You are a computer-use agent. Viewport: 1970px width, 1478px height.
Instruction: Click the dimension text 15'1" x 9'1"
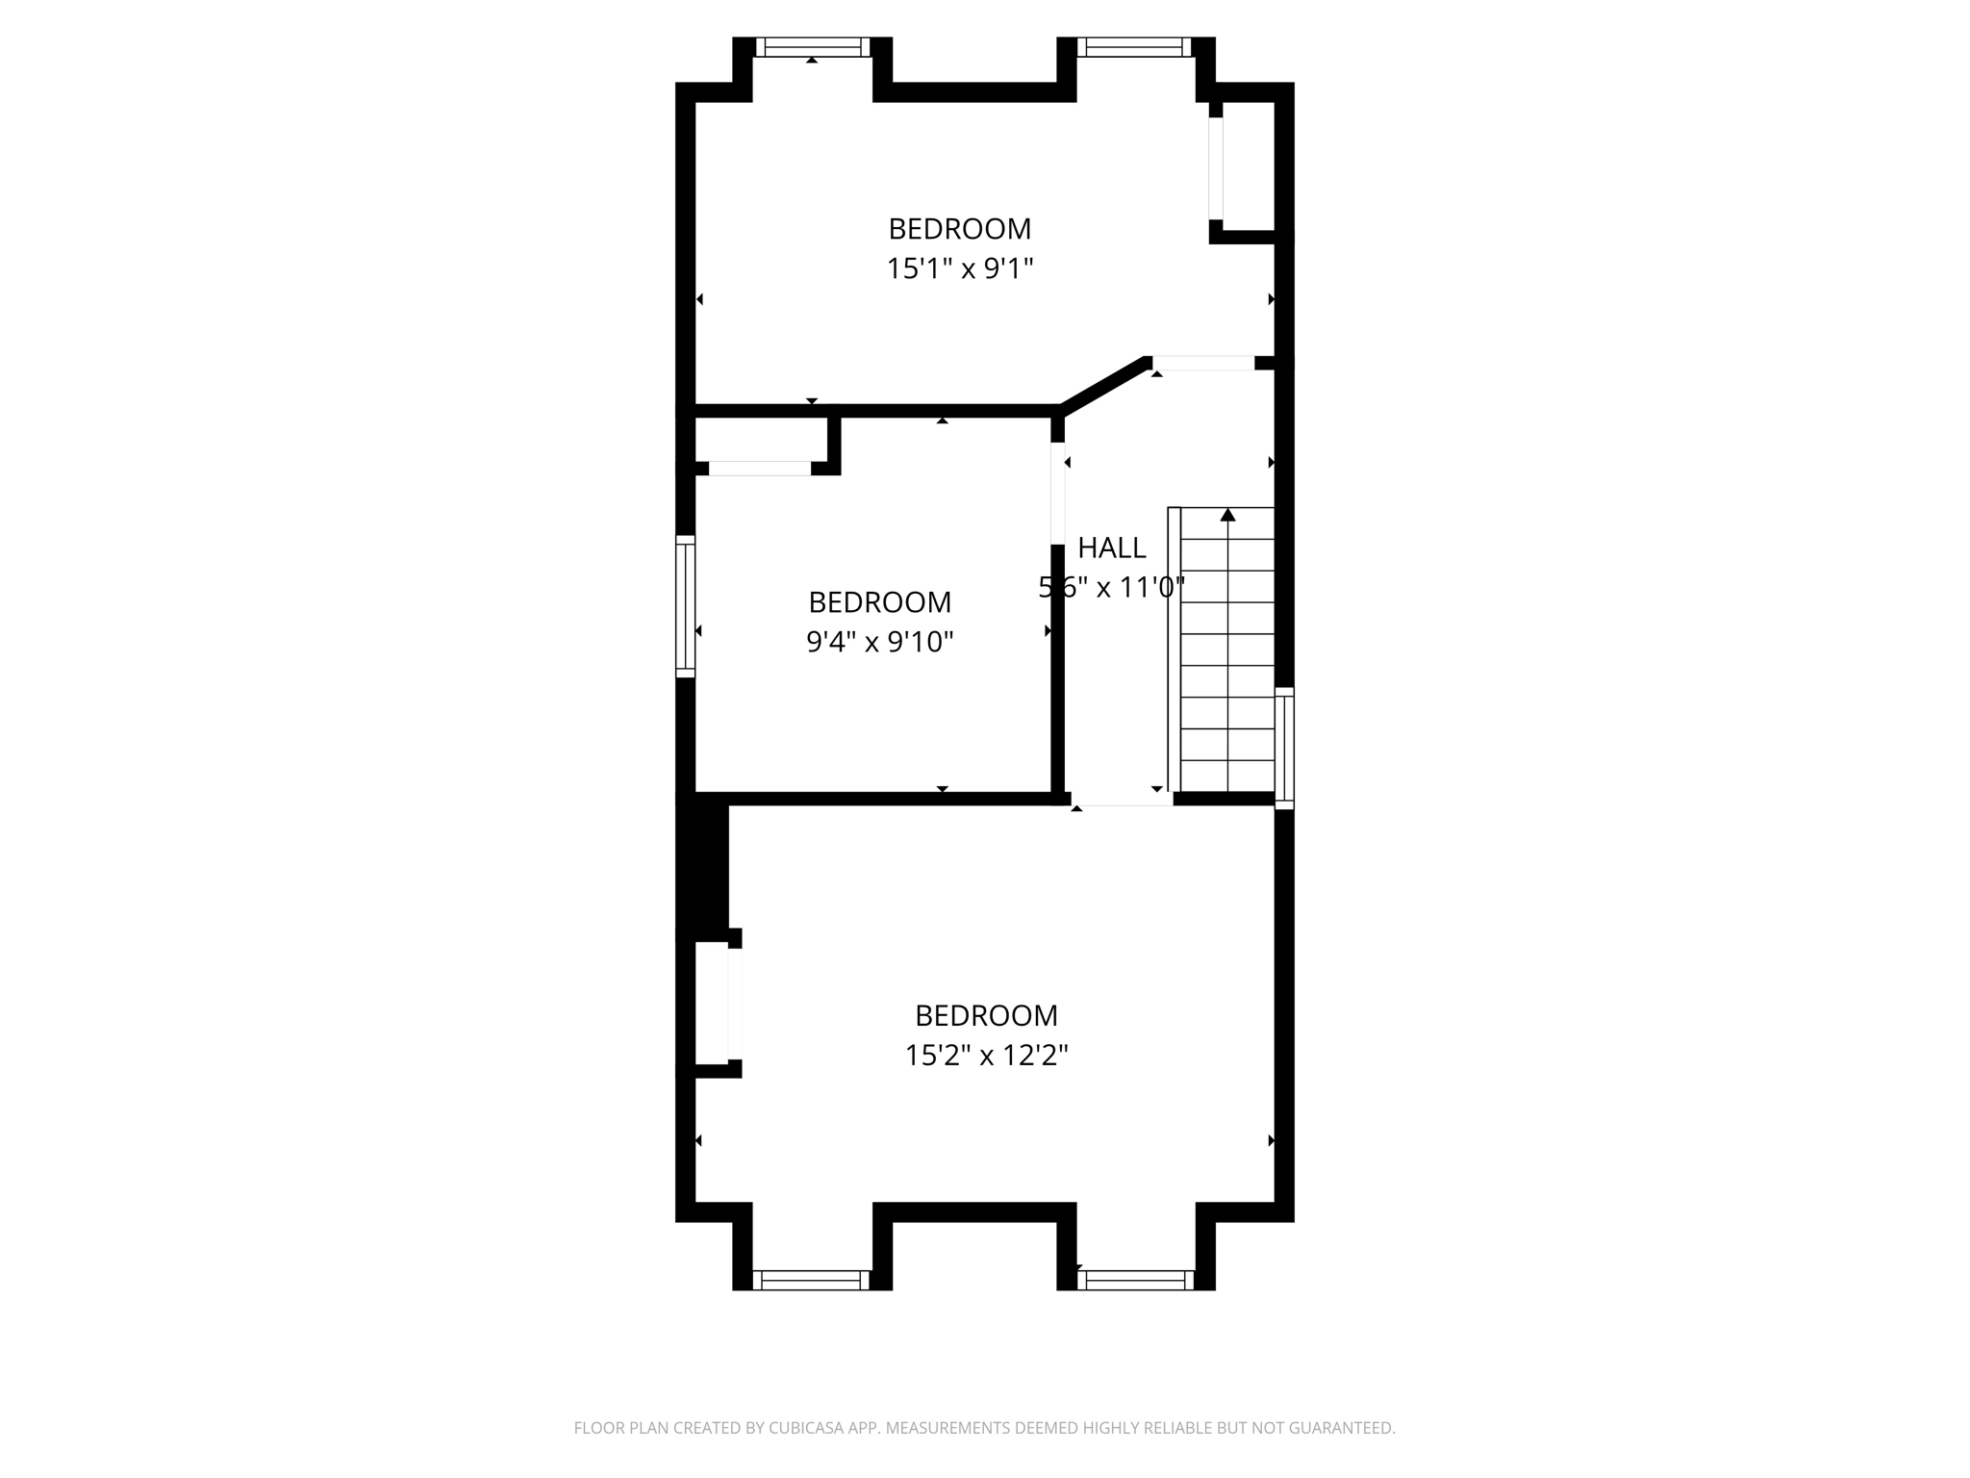pyautogui.click(x=959, y=268)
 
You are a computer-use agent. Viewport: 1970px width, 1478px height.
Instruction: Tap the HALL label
pyautogui.click(x=1111, y=548)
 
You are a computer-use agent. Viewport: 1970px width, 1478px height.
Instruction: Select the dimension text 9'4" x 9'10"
pyautogui.click(x=879, y=642)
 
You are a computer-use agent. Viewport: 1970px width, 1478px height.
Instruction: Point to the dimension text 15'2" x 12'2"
pyautogui.click(x=986, y=1056)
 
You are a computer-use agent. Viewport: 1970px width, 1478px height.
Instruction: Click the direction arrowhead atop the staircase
pyautogui.click(x=1227, y=515)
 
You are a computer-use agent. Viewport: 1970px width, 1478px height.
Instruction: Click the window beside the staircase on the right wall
pyautogui.click(x=1284, y=748)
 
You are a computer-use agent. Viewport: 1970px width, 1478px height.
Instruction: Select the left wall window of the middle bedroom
pyautogui.click(x=685, y=606)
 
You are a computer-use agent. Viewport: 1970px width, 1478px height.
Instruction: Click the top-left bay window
pyautogui.click(x=812, y=47)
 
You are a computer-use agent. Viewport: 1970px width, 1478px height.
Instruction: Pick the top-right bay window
pyautogui.click(x=1135, y=47)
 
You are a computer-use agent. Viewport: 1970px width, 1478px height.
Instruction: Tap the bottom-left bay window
pyautogui.click(x=812, y=1280)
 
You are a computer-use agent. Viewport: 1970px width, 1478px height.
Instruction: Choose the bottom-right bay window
pyautogui.click(x=1135, y=1280)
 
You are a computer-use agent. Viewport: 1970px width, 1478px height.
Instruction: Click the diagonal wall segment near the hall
pyautogui.click(x=1104, y=386)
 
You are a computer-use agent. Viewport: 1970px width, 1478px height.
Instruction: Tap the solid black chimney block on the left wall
pyautogui.click(x=704, y=866)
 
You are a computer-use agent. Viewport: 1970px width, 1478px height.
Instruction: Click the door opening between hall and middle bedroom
pyautogui.click(x=1058, y=493)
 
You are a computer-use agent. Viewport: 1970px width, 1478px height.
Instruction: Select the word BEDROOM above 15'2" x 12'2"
pyautogui.click(x=986, y=1015)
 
